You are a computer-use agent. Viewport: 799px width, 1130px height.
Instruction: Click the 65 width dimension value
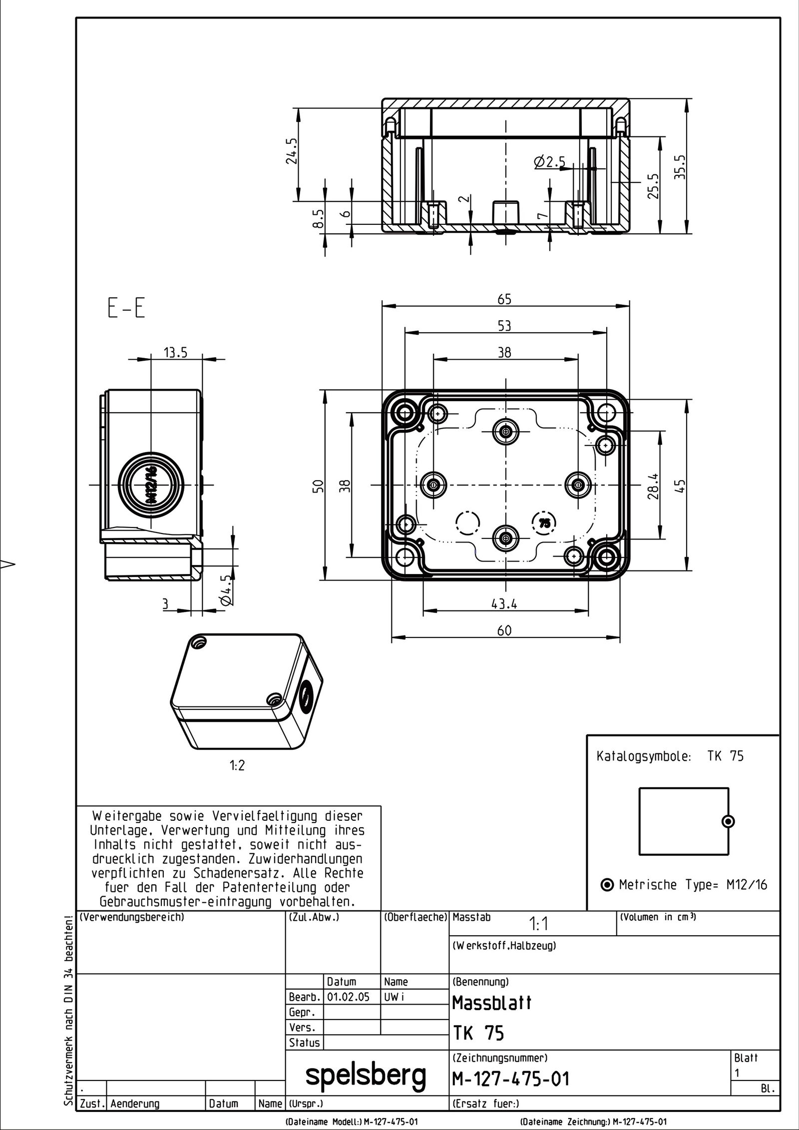tap(504, 299)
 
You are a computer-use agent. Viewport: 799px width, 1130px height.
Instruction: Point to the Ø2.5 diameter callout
tap(549, 162)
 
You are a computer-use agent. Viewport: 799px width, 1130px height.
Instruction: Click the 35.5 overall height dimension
tap(680, 166)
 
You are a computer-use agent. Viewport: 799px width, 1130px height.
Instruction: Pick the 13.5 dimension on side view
tap(175, 353)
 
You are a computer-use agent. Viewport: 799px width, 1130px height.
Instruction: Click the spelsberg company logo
tap(366, 1073)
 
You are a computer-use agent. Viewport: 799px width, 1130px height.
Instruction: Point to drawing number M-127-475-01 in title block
tap(510, 1079)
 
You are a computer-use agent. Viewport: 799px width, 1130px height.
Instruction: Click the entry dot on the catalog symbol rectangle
tap(729, 821)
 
